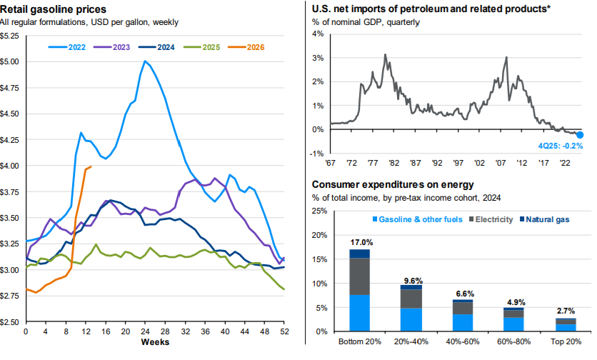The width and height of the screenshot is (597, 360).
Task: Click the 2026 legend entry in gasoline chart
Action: click(x=246, y=47)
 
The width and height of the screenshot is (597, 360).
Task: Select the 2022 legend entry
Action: click(x=67, y=47)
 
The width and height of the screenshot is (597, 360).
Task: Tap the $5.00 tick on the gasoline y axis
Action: click(x=9, y=61)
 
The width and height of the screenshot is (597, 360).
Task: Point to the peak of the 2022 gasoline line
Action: click(x=145, y=61)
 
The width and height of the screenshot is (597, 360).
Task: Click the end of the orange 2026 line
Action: click(x=91, y=166)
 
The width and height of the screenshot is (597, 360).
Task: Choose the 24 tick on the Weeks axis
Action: click(x=145, y=331)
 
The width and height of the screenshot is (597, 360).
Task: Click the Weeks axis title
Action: click(x=155, y=341)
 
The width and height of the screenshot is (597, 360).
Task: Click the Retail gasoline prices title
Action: click(x=54, y=9)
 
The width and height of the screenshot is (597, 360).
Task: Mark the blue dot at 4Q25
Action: click(x=580, y=135)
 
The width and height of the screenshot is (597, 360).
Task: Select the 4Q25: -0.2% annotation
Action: click(x=561, y=146)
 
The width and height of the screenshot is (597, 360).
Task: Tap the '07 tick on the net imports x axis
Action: click(x=501, y=163)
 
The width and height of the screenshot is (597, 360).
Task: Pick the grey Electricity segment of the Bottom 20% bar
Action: click(x=360, y=276)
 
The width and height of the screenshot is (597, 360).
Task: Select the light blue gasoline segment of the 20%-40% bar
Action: click(x=411, y=319)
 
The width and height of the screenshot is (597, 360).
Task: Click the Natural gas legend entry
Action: click(x=545, y=219)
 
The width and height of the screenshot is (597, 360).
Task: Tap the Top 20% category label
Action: click(x=566, y=341)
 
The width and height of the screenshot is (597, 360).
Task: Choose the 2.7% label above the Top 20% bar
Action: click(x=566, y=311)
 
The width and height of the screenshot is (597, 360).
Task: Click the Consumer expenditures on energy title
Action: click(x=393, y=185)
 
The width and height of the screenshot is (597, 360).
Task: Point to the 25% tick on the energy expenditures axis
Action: click(x=319, y=211)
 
